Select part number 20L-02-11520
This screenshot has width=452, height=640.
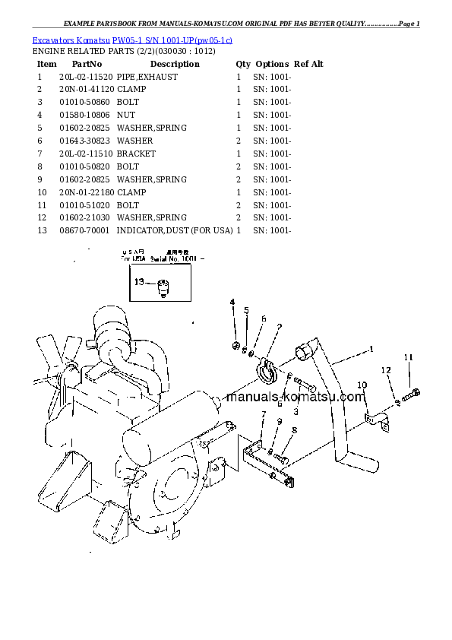tap(85, 77)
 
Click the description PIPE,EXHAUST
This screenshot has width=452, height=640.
tap(147, 77)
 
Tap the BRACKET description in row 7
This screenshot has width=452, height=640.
tap(136, 154)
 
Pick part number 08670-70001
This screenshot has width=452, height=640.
tap(85, 231)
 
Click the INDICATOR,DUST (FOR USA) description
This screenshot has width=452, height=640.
tap(175, 231)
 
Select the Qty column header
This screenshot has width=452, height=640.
tap(243, 64)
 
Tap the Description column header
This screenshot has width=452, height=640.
tap(174, 64)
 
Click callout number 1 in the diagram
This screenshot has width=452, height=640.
tap(371, 349)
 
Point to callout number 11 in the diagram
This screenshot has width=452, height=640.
tap(408, 357)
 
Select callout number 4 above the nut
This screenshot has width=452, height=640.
tap(233, 303)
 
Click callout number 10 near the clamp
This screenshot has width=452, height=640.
tap(362, 385)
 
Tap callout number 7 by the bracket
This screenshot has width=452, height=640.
tap(263, 414)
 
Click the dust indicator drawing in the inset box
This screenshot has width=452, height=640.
tap(163, 287)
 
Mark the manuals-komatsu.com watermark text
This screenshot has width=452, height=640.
tap(296, 397)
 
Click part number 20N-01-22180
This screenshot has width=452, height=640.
tap(85, 192)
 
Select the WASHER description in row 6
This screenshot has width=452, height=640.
tap(134, 141)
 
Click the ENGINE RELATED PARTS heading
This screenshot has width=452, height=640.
tap(123, 51)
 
